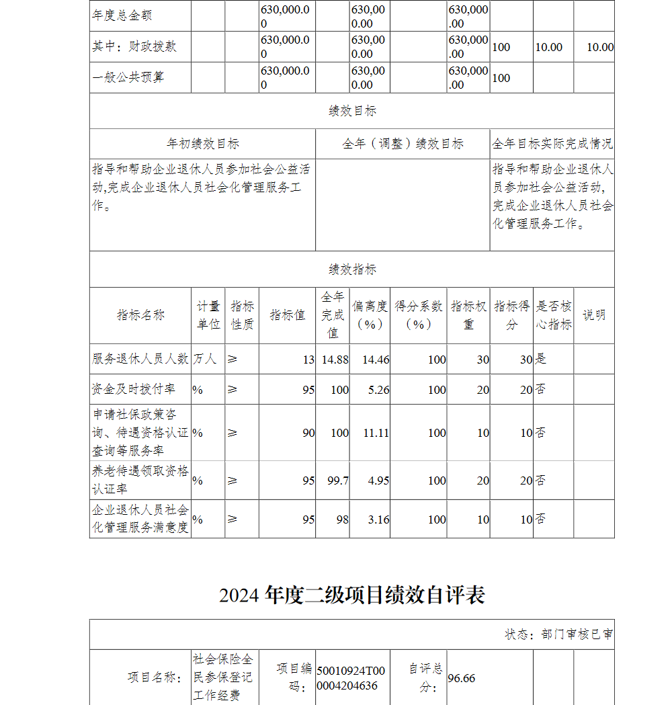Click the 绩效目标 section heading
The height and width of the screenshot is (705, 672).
(x=352, y=112)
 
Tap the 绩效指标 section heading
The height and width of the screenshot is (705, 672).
(x=352, y=269)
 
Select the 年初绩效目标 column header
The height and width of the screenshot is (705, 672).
(x=202, y=144)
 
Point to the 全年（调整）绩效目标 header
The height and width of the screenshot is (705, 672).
(x=403, y=144)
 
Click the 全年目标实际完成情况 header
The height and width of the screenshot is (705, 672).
(x=552, y=144)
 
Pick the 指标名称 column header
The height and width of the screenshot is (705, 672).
(x=140, y=315)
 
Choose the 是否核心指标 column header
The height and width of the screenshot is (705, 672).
(x=553, y=315)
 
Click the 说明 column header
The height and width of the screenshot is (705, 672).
(x=593, y=315)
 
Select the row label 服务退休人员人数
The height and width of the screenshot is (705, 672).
(x=140, y=359)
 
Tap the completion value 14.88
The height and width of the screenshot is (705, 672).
(x=335, y=360)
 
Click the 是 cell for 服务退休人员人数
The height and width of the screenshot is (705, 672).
(x=541, y=359)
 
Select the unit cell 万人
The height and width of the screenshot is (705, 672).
(x=205, y=359)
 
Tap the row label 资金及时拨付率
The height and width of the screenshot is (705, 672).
(x=133, y=389)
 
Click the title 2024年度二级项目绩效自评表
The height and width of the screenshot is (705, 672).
(x=352, y=595)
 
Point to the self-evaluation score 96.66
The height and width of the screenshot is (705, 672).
(x=462, y=678)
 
